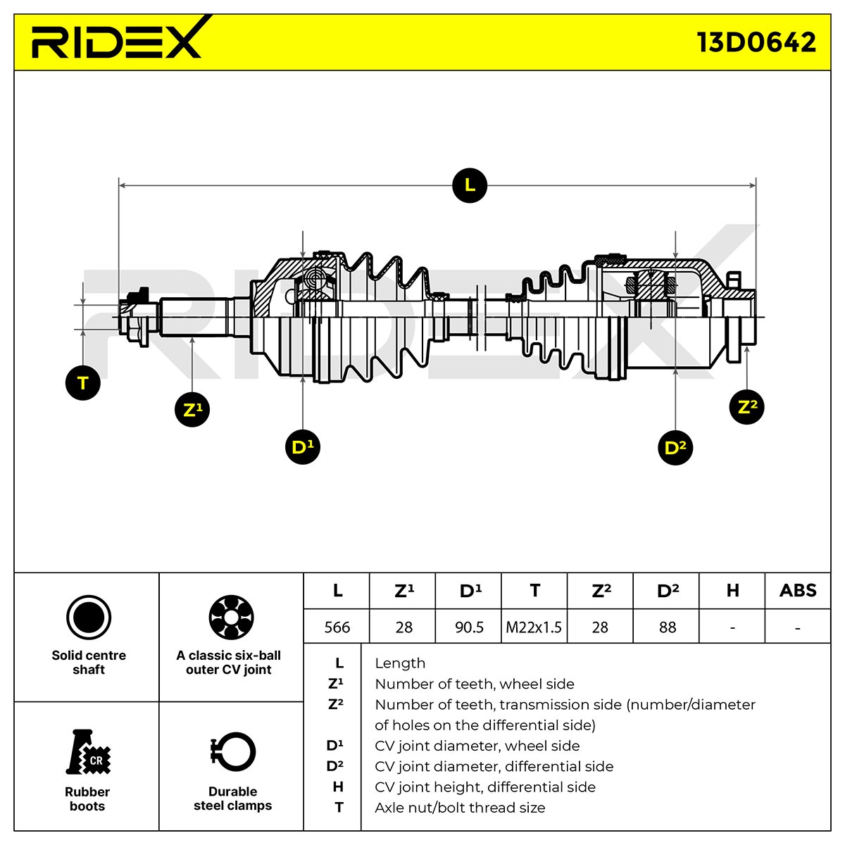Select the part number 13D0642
[x=756, y=42]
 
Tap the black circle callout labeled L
[x=469, y=185]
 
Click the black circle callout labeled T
[x=83, y=383]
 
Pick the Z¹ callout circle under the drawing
[x=192, y=410]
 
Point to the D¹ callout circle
[x=303, y=447]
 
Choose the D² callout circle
[x=675, y=448]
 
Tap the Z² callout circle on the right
[x=747, y=407]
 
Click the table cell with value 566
[x=337, y=627]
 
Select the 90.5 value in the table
[x=469, y=627]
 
